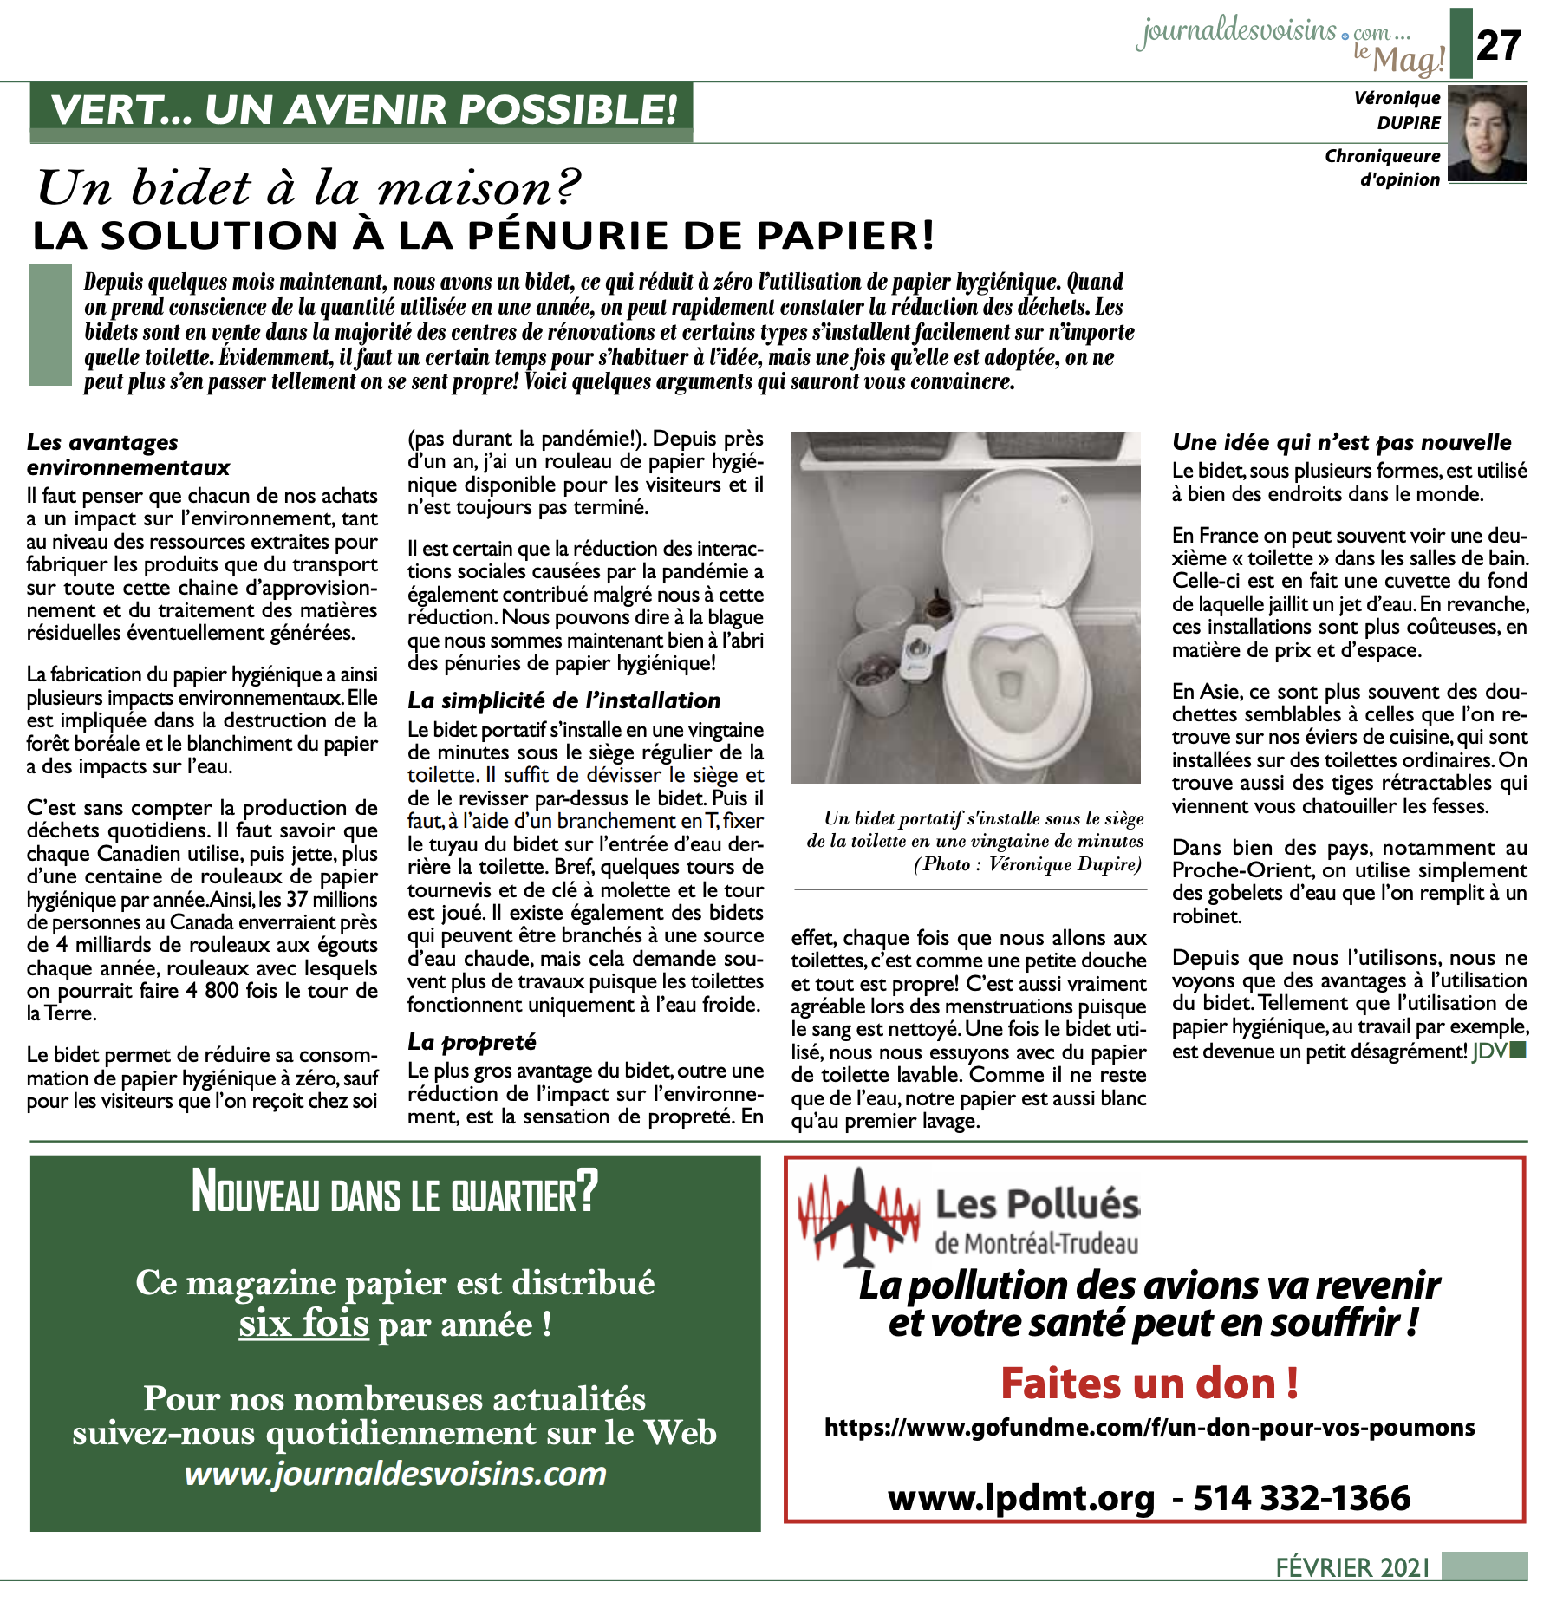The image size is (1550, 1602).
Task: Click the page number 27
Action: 1498,45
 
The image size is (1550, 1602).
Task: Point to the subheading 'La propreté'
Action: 472,1041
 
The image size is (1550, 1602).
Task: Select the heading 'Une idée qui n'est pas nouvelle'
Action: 1341,442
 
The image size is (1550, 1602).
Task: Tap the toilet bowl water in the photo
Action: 1011,685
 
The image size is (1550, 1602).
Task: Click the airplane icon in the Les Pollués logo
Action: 858,1218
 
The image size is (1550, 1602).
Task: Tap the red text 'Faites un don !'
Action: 1149,1384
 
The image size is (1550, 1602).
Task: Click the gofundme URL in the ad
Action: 1149,1428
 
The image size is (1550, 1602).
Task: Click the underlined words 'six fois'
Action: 303,1325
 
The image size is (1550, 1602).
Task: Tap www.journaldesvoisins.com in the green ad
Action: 395,1474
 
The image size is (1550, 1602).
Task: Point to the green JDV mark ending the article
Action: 1498,1052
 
